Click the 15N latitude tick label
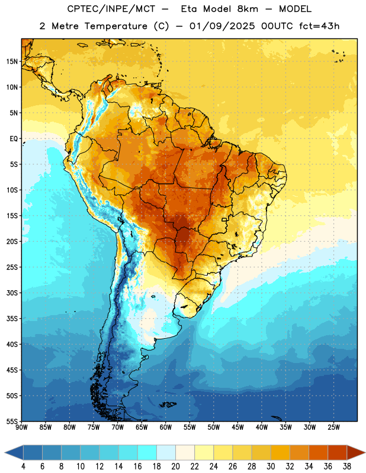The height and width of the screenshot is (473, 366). point(12,61)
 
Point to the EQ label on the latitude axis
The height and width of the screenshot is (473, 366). point(14,139)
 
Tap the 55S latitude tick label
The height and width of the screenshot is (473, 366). point(12,421)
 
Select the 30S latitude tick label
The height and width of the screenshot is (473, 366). point(12,293)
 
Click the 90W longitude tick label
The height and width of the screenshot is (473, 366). point(21,427)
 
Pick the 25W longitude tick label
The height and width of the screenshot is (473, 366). point(333,427)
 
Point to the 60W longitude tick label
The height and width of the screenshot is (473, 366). point(166,427)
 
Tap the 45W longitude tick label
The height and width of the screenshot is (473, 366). point(237,427)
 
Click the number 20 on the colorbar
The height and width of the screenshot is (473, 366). point(175,466)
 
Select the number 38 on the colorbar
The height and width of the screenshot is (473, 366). point(347,466)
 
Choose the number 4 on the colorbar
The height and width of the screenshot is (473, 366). point(23,466)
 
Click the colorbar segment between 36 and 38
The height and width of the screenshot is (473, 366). point(338,452)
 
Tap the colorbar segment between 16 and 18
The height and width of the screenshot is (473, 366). point(147,452)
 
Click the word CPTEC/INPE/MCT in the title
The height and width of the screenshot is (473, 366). point(111,9)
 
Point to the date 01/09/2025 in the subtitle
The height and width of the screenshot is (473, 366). point(222,26)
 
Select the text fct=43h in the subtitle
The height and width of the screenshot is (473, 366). point(319,26)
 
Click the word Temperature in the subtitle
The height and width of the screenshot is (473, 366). point(115,26)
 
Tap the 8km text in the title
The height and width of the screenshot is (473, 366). point(248,9)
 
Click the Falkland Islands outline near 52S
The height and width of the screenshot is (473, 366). point(168,404)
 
